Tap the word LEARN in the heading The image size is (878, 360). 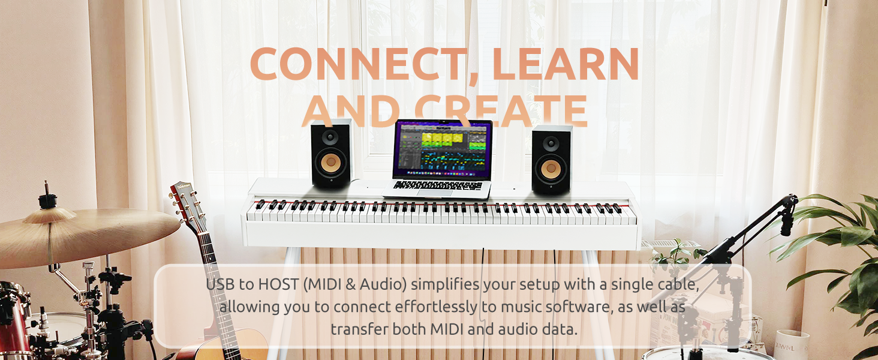coord(566,64)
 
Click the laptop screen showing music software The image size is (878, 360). coord(443,150)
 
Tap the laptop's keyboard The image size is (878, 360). coord(438,185)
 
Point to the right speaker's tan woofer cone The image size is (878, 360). coord(551,168)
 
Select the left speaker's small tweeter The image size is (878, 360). coord(330,137)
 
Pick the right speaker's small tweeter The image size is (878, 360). coord(551,143)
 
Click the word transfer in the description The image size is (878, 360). coord(359,329)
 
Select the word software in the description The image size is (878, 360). coord(569,307)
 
